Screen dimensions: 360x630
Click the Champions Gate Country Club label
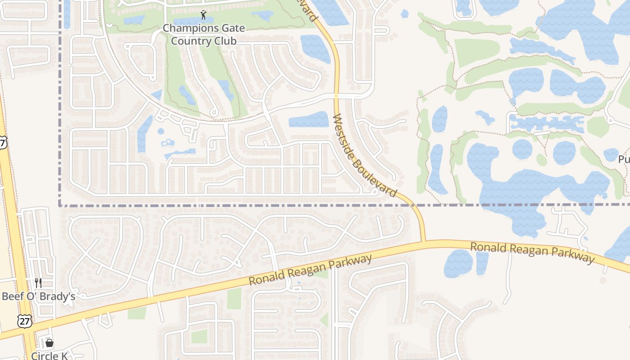tap(204, 35)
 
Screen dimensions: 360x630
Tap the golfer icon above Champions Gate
tap(204, 15)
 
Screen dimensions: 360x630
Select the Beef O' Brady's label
tap(38, 297)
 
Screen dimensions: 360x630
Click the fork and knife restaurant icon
tap(38, 283)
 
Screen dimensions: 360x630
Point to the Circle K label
tap(49, 355)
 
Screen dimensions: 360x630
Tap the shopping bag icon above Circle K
tap(49, 343)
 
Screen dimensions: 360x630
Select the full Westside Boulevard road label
tap(364, 155)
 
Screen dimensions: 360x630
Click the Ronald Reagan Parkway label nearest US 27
tap(310, 270)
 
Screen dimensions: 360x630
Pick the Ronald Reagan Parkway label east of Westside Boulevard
tap(532, 252)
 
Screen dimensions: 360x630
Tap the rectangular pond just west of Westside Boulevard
tap(309, 119)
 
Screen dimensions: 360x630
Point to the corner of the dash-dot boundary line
tap(60, 205)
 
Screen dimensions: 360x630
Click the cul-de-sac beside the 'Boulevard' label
tap(374, 192)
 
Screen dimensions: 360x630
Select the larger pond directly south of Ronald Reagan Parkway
tap(458, 263)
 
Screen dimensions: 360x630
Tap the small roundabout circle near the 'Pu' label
tap(610, 121)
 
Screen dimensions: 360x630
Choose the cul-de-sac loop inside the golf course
tap(214, 112)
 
